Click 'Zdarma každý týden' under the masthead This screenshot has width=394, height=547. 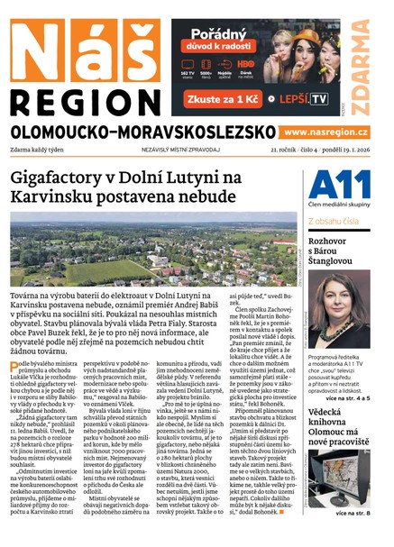(x=41, y=150)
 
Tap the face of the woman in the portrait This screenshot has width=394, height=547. (x=345, y=297)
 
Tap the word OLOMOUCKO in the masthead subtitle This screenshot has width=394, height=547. (x=63, y=132)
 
